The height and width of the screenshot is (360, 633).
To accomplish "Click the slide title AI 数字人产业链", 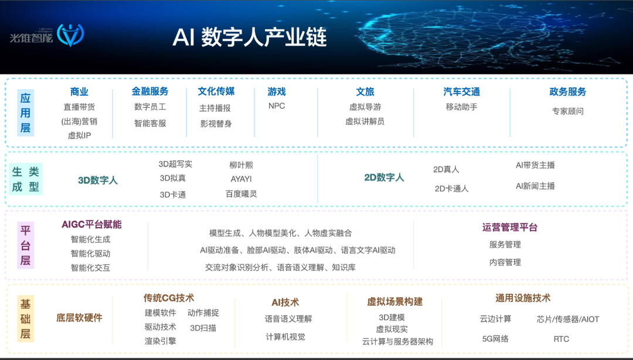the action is pos(250,38).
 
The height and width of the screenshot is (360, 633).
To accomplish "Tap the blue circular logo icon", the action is pos(70,35).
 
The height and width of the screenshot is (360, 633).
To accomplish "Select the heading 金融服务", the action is pos(150,91).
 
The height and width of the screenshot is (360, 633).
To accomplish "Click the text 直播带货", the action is pos(79,107).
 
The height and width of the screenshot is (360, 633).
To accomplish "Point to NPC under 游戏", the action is pos(277,106).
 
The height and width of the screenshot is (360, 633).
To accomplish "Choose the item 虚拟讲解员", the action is pos(365,121).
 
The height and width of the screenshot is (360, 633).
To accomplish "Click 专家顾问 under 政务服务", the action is pos(567,111).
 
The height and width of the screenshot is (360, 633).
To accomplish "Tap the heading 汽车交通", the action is pos(461,92).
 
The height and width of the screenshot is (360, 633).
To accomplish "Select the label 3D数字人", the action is pos(98,180).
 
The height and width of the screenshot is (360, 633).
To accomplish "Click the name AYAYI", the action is pos(241,179).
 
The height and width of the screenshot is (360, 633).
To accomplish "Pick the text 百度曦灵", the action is pos(241,194).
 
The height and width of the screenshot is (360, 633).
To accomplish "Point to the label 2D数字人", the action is pos(384,178).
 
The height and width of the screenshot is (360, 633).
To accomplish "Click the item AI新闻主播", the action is pos(535,186).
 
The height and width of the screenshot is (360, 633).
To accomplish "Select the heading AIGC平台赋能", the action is pos(91,225).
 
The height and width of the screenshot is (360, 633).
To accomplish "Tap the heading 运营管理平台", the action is pos(510,227).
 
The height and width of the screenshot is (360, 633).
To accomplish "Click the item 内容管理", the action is pos(505,262).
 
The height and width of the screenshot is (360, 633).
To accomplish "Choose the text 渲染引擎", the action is pos(160,341).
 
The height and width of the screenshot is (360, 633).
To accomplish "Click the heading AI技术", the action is pos(285,303).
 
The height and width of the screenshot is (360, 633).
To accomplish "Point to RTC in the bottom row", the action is pos(561,339).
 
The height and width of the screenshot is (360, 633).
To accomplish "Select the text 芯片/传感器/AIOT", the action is pos(567,319).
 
